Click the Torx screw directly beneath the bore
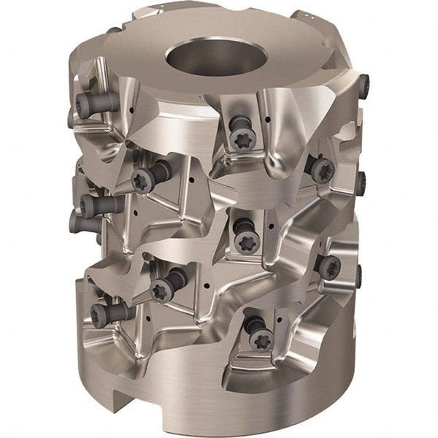pos(240,139)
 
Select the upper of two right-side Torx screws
pos(322,170)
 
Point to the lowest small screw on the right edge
pos(359,276)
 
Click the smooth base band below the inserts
pos(219,409)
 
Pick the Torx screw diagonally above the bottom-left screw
pos(163,287)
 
